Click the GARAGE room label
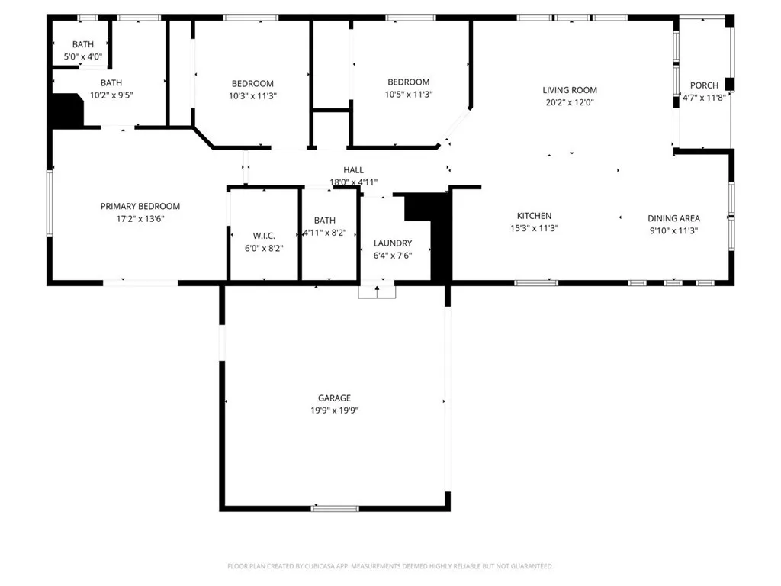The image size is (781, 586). point(334,398)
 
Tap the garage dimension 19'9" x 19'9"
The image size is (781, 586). point(334,410)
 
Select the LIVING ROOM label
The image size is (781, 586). point(569,90)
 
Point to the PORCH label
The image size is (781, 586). point(704,85)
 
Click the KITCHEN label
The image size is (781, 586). point(534,216)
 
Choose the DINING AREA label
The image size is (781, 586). point(673,218)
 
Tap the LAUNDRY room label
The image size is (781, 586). point(393,243)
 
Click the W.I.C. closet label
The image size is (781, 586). point(264,236)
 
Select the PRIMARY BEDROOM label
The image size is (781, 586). point(140,206)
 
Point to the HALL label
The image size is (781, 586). point(353,170)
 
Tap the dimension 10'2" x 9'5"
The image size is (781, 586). point(111,95)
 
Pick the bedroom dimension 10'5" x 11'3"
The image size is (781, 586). point(408,95)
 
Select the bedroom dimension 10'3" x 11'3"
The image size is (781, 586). point(252,96)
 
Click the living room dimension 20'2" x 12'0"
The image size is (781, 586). point(569,102)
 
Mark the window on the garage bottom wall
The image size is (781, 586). point(335,508)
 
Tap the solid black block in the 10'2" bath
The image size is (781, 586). point(66,111)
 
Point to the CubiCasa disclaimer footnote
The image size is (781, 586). point(390,566)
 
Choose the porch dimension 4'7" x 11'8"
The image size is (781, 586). point(704,97)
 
